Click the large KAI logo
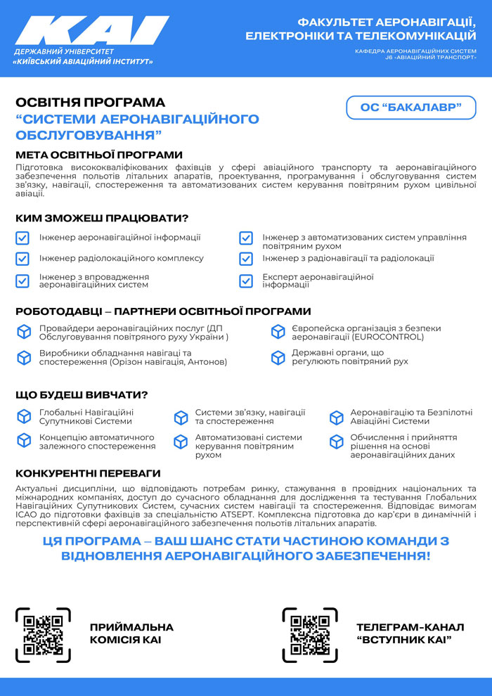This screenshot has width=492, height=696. [91, 32]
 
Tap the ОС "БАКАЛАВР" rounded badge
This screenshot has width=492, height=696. [411, 108]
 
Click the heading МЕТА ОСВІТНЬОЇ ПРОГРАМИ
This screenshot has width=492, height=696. [99, 155]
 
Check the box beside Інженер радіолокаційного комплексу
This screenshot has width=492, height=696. [22, 259]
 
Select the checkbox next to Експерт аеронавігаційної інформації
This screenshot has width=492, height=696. [246, 281]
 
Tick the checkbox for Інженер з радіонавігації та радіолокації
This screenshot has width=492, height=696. [246, 259]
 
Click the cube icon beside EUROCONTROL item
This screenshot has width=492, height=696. [278, 333]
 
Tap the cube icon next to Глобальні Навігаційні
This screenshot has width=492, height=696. [24, 417]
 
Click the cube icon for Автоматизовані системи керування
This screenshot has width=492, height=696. [181, 442]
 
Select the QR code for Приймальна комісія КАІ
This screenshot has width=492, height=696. [44, 635]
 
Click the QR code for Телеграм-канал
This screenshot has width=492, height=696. [310, 635]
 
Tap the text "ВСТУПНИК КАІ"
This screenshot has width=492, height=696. [403, 640]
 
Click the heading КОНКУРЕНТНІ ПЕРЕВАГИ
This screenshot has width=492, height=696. [88, 473]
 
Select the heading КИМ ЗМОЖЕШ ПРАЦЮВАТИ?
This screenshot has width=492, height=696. [102, 218]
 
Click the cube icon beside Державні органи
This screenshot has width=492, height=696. [278, 357]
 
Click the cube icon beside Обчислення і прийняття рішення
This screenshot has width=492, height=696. [337, 442]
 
